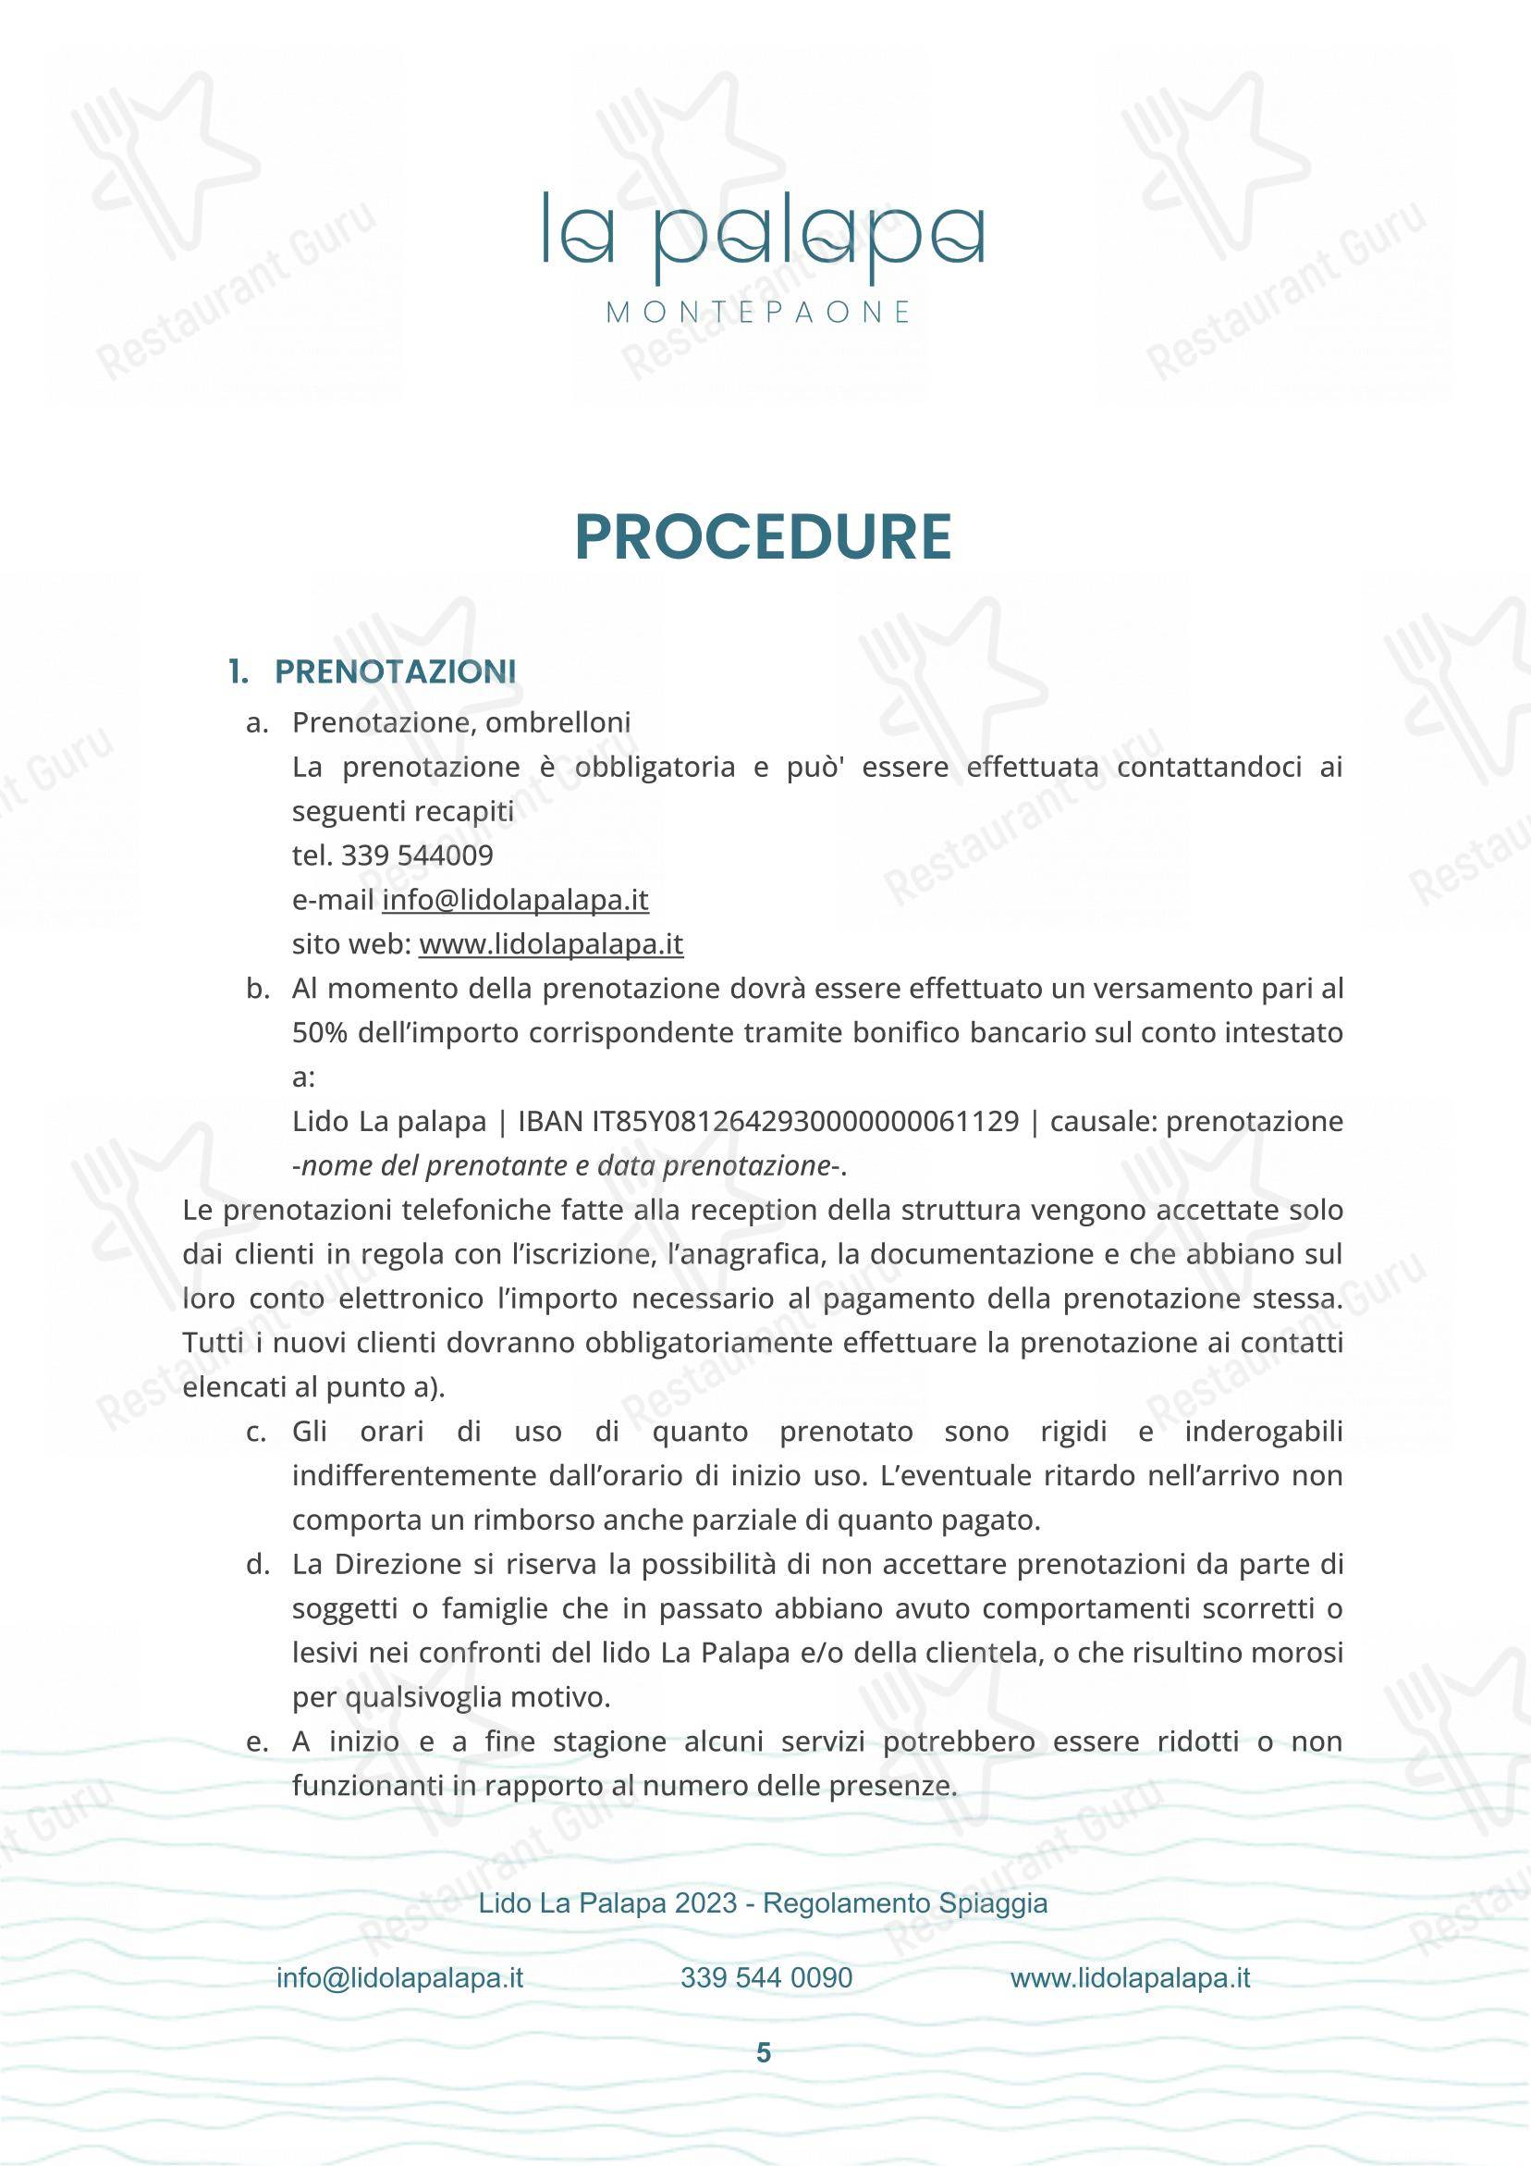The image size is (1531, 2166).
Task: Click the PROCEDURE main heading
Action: (763, 537)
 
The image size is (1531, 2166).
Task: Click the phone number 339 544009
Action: (417, 855)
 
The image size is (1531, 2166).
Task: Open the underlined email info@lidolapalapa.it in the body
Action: (515, 900)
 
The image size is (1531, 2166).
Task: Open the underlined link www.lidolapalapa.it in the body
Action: (551, 944)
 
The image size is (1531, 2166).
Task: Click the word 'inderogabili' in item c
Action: (1263, 1432)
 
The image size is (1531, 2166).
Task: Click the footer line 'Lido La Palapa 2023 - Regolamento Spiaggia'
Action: (763, 1903)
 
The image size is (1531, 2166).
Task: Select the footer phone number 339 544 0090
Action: (766, 1978)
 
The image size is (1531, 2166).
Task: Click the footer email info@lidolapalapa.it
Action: (400, 1978)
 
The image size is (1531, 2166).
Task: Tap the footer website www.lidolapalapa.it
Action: (1130, 1978)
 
